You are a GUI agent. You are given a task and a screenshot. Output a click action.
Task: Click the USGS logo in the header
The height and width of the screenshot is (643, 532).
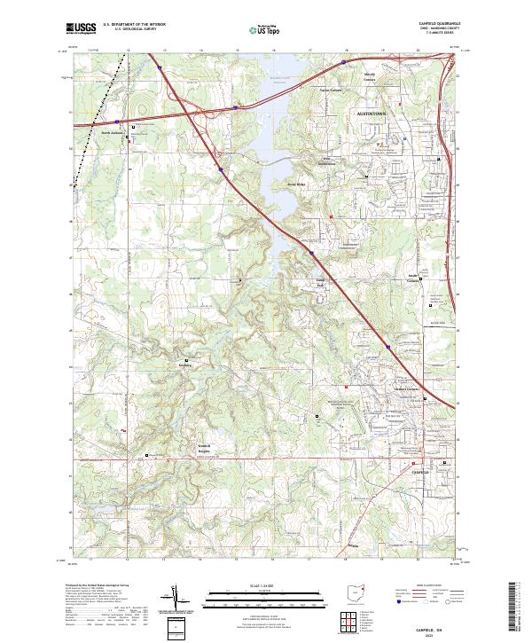81,28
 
